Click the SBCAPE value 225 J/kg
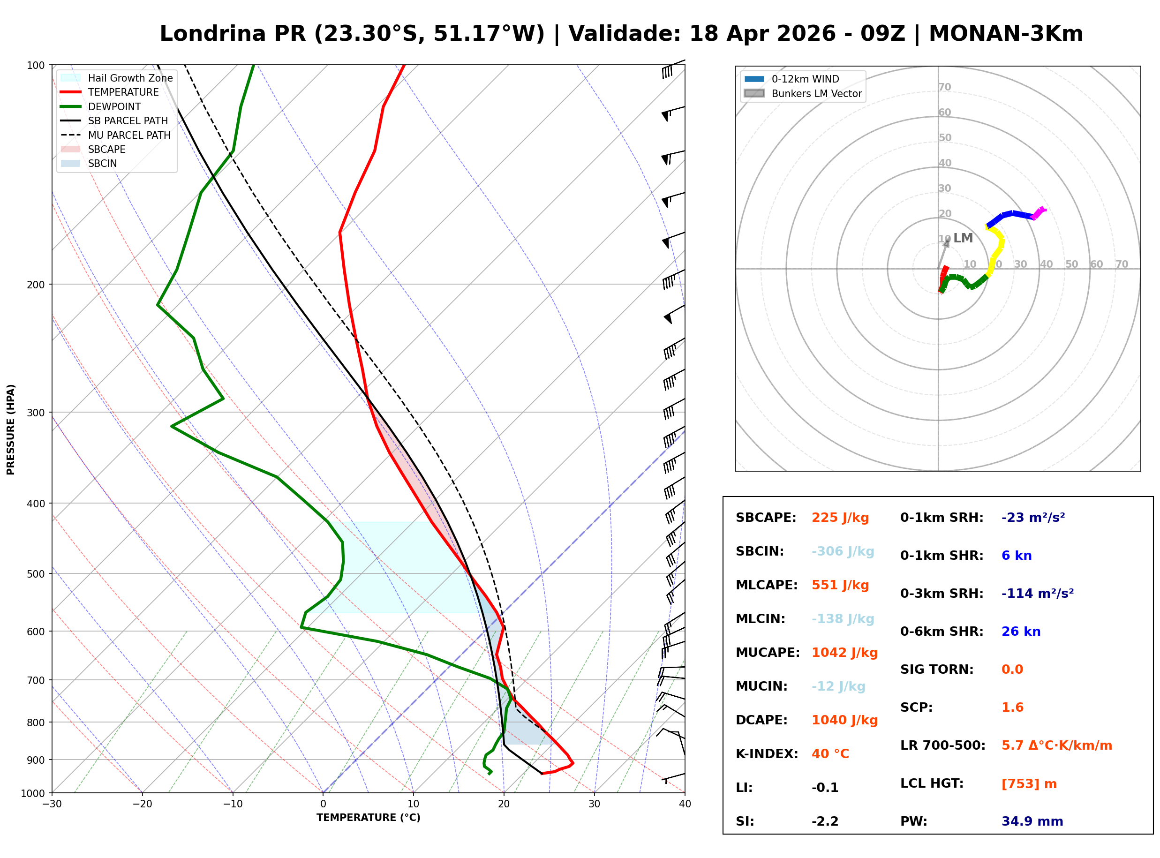pyautogui.click(x=840, y=518)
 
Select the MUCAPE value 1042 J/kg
pyautogui.click(x=844, y=653)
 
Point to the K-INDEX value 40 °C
pyautogui.click(x=830, y=754)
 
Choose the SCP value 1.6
pyautogui.click(x=1012, y=708)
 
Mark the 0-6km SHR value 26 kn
pyautogui.click(x=1020, y=632)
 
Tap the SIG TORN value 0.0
pyautogui.click(x=1012, y=670)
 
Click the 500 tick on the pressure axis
pyautogui.click(x=35, y=574)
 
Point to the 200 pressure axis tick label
pyautogui.click(x=35, y=285)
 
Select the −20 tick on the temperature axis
pyautogui.click(x=142, y=804)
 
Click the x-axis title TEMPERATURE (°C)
pyautogui.click(x=368, y=818)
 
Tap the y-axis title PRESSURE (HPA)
pyautogui.click(x=11, y=429)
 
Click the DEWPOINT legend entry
pyautogui.click(x=114, y=106)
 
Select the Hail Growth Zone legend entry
pyautogui.click(x=130, y=78)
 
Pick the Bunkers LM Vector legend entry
pyautogui.click(x=816, y=93)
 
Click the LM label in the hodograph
pyautogui.click(x=963, y=238)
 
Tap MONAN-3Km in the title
pyautogui.click(x=1005, y=34)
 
